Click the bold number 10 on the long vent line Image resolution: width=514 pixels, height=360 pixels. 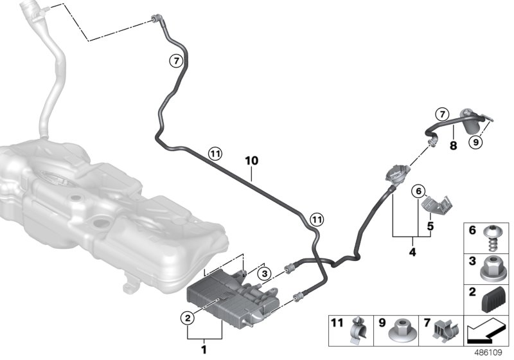[252, 161]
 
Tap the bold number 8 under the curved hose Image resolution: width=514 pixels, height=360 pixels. [453, 145]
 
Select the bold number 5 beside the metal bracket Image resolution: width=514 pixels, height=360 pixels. [430, 226]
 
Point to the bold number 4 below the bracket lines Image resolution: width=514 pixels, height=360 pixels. [412, 252]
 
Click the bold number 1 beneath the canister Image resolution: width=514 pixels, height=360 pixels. [204, 350]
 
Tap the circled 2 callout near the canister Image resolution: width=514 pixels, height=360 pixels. [188, 318]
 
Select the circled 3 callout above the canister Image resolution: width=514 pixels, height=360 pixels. [264, 273]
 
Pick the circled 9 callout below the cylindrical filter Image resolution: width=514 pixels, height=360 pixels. [476, 142]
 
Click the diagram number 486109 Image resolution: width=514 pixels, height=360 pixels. [488, 353]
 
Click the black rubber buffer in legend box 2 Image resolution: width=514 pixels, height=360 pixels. [494, 298]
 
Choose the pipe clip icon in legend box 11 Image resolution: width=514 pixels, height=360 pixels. [359, 330]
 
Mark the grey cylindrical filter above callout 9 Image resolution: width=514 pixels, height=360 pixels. [472, 121]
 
